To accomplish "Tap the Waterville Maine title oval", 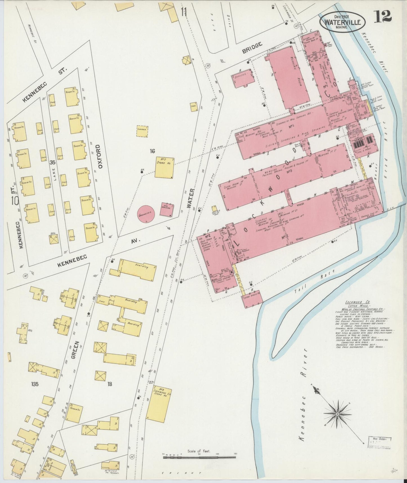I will (342, 22).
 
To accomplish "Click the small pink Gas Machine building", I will (167, 210).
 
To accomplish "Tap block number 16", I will (152, 152).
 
